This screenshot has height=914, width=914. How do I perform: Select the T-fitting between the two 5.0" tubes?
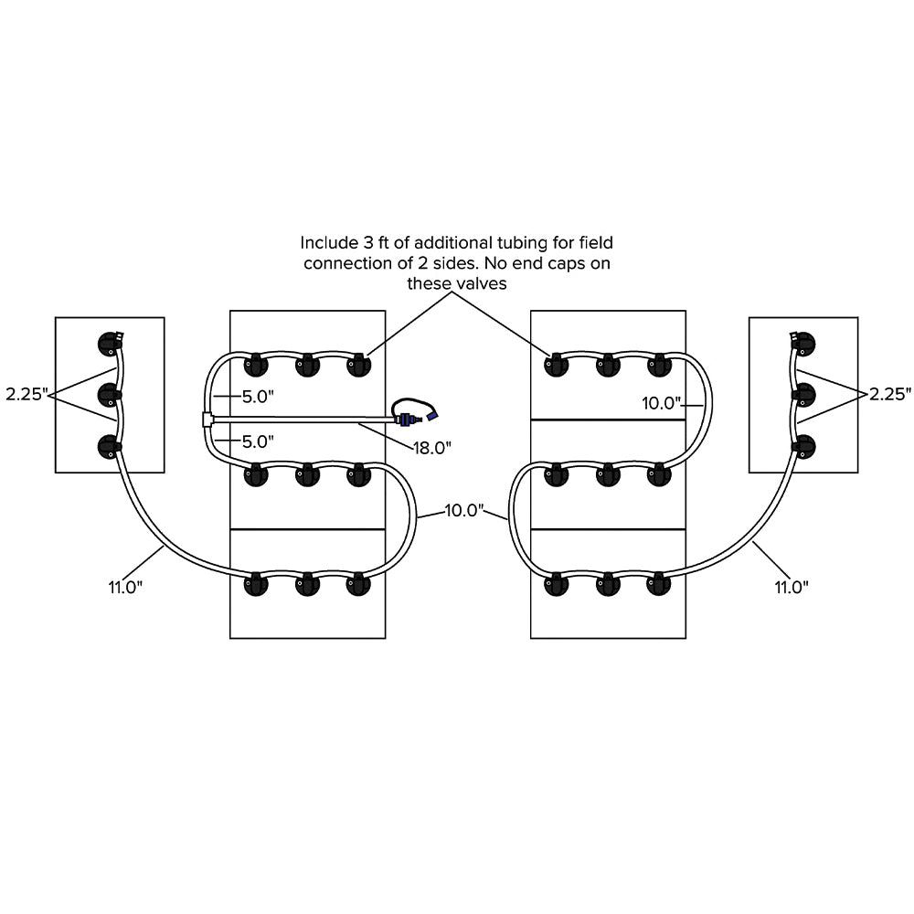pyautogui.click(x=207, y=420)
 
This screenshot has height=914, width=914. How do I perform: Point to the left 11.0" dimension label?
pyautogui.click(x=125, y=586)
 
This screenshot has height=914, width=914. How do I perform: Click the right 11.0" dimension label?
pyautogui.click(x=792, y=586)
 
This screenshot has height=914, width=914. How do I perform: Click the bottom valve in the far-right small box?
pyautogui.click(x=804, y=447)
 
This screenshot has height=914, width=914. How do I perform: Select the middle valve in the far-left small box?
pyautogui.click(x=110, y=396)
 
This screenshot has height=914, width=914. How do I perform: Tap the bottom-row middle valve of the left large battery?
pyautogui.click(x=306, y=585)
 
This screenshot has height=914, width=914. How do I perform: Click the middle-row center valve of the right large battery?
pyautogui.click(x=608, y=475)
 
